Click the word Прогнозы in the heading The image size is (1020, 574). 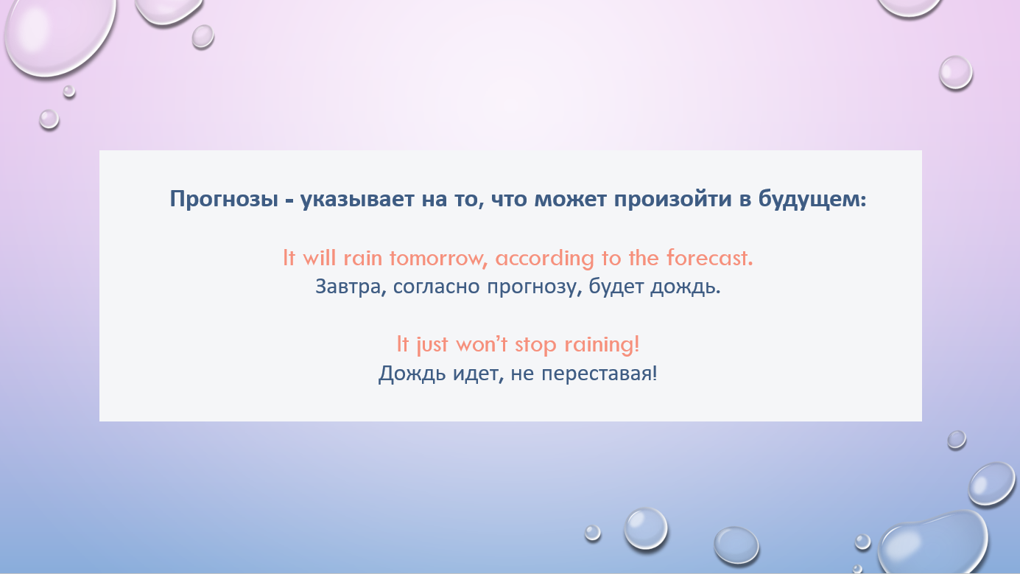point(224,199)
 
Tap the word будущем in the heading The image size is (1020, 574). point(812,199)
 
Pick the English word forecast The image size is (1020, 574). point(710,258)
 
